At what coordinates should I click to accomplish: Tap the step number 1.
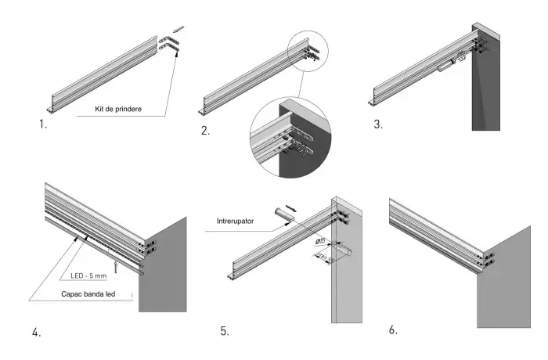42,124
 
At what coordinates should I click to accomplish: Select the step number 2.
205,131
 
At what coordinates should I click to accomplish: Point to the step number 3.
378,124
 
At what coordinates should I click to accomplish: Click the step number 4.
36,333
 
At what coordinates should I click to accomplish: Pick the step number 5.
225,331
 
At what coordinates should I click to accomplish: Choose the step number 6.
393,329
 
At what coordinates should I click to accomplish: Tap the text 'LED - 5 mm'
87,276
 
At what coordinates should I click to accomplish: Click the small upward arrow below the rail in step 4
116,268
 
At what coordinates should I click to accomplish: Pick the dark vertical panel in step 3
485,94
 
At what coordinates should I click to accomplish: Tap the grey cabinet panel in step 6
505,282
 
